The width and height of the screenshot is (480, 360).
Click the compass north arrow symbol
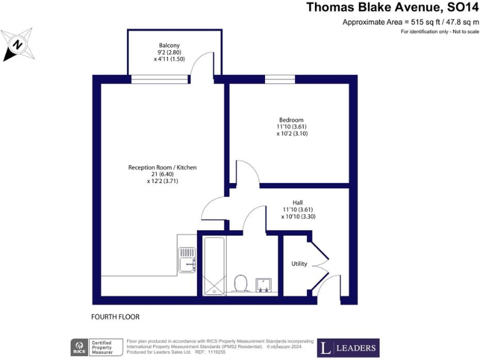[18, 44]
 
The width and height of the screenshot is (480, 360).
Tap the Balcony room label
[169, 46]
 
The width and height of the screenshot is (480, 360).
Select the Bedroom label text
[291, 120]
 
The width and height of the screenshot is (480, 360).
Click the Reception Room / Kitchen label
[162, 167]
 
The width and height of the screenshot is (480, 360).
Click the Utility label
[299, 264]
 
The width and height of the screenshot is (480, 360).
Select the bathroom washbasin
[265, 284]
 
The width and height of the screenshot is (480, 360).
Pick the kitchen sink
[187, 260]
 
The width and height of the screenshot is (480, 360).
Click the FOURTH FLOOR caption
[115, 317]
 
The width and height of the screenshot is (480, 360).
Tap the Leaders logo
[348, 347]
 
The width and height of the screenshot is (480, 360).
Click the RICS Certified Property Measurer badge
[95, 347]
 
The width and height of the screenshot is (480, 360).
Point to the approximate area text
[406, 22]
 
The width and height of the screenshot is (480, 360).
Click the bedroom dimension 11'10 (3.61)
[291, 127]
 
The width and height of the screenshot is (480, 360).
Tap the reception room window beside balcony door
[159, 79]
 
